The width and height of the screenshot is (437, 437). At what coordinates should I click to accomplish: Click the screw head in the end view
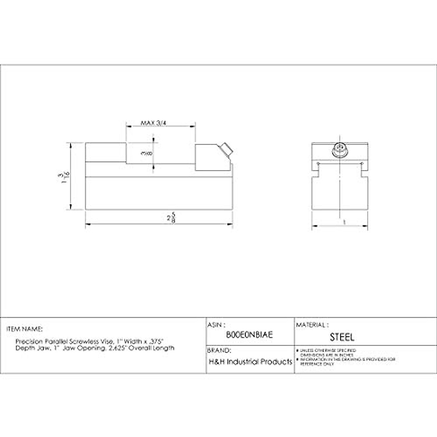(340, 150)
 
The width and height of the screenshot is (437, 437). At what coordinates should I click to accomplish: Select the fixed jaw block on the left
(106, 152)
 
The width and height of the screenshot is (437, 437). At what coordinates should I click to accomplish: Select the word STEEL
(342, 337)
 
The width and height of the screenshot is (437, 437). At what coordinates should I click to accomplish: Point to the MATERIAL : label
(312, 324)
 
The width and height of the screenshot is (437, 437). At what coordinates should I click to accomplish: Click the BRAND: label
(219, 351)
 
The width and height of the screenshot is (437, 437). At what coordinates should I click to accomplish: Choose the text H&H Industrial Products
(251, 362)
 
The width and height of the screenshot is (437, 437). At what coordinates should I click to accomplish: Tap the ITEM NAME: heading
(24, 329)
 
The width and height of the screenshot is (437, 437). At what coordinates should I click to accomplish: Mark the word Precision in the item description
(29, 341)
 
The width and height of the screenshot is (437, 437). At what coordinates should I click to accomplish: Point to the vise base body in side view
(158, 193)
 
